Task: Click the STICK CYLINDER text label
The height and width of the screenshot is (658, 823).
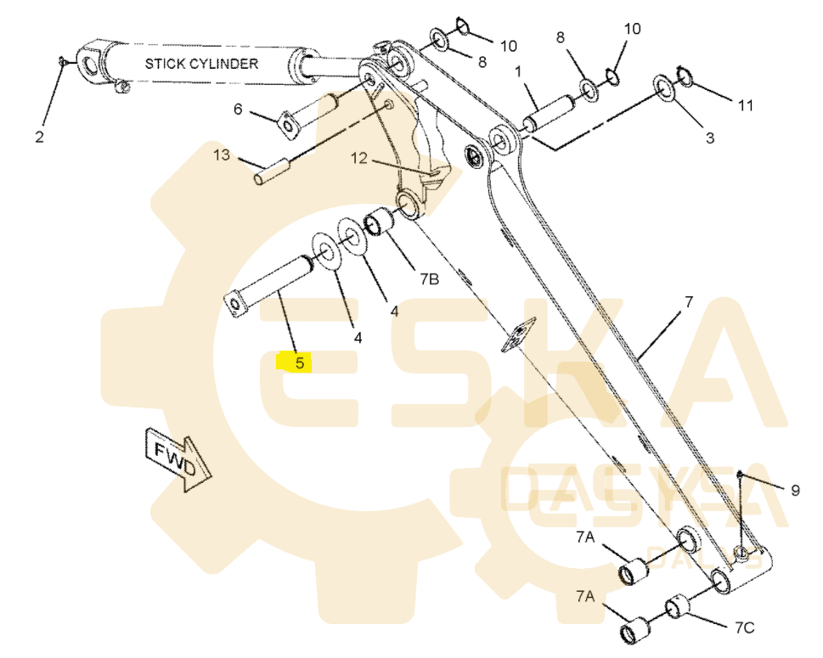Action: [x=201, y=63]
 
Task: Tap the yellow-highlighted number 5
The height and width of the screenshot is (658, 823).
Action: [x=298, y=363]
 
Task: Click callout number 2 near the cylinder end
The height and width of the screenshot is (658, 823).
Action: [x=39, y=137]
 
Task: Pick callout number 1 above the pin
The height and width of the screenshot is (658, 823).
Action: [x=517, y=72]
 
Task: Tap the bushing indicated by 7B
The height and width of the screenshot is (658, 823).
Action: [x=378, y=225]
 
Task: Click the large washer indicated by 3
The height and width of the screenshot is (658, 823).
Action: [x=663, y=87]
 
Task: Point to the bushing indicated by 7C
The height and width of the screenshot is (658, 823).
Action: [x=678, y=608]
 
